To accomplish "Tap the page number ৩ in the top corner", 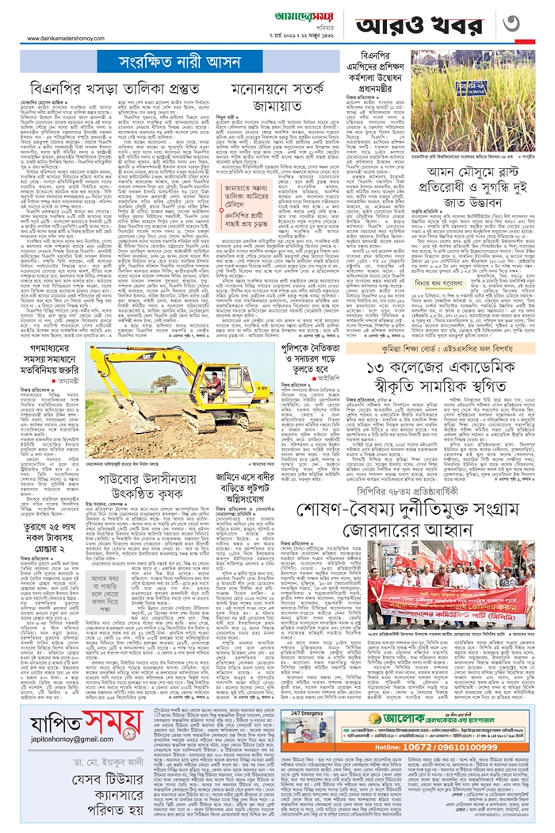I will pyautogui.click(x=528, y=23).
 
